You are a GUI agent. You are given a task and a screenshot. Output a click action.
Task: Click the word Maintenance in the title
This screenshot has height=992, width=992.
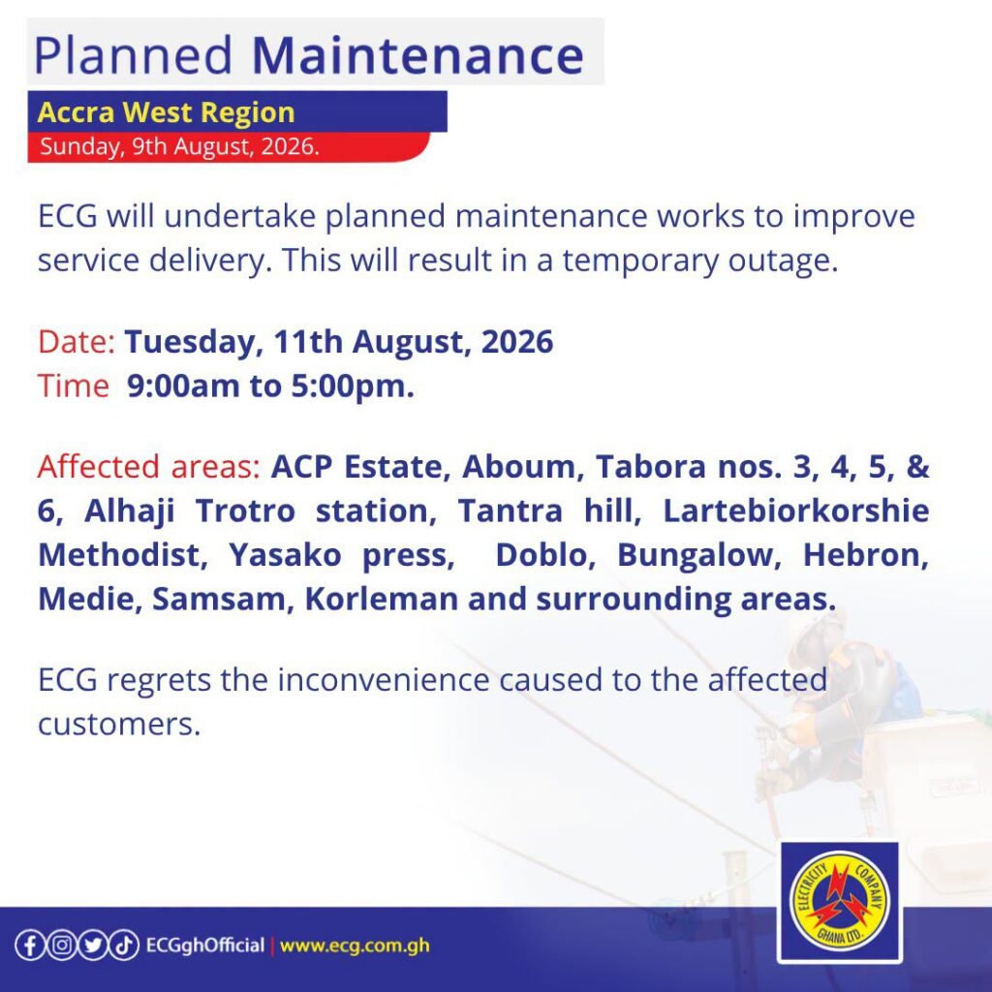tap(418, 55)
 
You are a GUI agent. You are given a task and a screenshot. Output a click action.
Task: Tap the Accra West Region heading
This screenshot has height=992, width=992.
tap(167, 112)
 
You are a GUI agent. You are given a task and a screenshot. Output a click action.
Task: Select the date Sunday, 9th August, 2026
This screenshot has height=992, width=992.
tap(179, 146)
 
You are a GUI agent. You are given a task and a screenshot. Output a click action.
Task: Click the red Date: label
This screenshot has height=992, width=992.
tap(76, 342)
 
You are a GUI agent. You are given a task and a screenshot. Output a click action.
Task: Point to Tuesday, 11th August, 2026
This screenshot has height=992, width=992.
tap(338, 342)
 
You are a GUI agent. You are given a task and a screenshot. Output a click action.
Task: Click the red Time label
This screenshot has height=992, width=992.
tap(74, 386)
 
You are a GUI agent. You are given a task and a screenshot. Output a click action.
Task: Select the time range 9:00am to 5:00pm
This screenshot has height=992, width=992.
tap(271, 386)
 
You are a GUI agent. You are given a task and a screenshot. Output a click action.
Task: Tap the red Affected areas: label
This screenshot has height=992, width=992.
tap(148, 466)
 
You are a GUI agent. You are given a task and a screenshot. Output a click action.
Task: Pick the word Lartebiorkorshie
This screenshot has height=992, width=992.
tap(796, 511)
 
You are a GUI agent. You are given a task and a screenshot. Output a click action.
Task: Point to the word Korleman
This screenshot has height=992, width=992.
tap(382, 599)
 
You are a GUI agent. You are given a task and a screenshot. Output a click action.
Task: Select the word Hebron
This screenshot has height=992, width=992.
tap(865, 555)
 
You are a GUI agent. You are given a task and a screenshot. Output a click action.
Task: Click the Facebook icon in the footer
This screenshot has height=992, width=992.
tap(30, 945)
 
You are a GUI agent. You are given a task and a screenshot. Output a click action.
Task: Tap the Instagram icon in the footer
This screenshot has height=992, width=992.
tap(61, 945)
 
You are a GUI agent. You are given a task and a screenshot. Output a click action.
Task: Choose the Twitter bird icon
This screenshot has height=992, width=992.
tap(93, 945)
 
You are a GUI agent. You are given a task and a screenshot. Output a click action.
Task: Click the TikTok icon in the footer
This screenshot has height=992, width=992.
tap(125, 945)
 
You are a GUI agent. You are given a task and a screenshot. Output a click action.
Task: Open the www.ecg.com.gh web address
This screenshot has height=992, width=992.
tap(355, 945)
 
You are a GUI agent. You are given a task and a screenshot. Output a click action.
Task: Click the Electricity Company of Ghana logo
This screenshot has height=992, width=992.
tap(840, 902)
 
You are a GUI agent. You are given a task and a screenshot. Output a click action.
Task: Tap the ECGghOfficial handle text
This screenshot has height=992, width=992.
tap(205, 945)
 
